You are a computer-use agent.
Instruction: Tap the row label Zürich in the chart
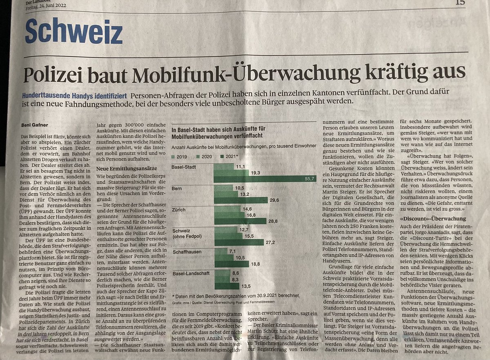pos(179,210)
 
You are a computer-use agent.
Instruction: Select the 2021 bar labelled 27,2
pos(238,242)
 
